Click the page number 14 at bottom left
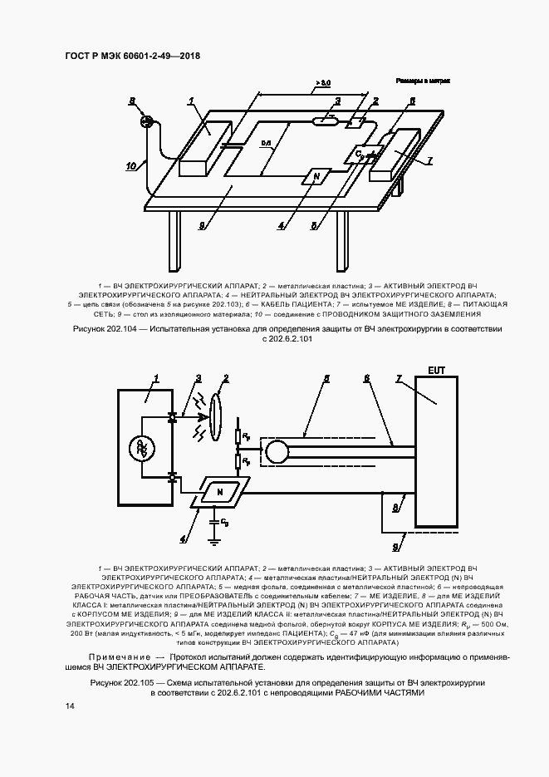coord(70,706)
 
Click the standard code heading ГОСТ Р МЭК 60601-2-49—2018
coord(133,57)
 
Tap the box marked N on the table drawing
coord(316,176)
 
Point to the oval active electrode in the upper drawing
coord(325,121)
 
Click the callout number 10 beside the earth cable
coord(130,165)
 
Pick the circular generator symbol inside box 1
coord(141,449)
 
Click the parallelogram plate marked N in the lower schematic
coord(220,493)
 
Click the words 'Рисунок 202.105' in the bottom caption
coord(126,681)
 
